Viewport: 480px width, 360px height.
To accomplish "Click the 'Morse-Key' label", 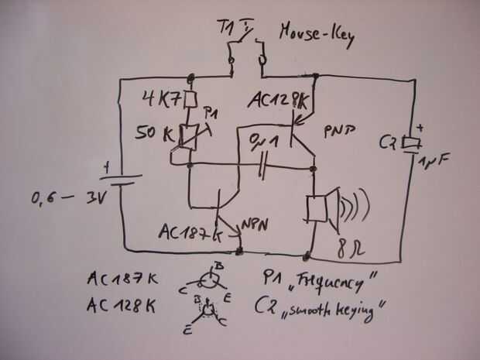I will (x=317, y=36).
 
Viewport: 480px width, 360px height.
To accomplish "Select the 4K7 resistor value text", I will (x=162, y=100).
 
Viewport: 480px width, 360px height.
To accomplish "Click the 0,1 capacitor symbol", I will (x=264, y=165).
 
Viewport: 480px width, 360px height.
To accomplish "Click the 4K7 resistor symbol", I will (x=190, y=100).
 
